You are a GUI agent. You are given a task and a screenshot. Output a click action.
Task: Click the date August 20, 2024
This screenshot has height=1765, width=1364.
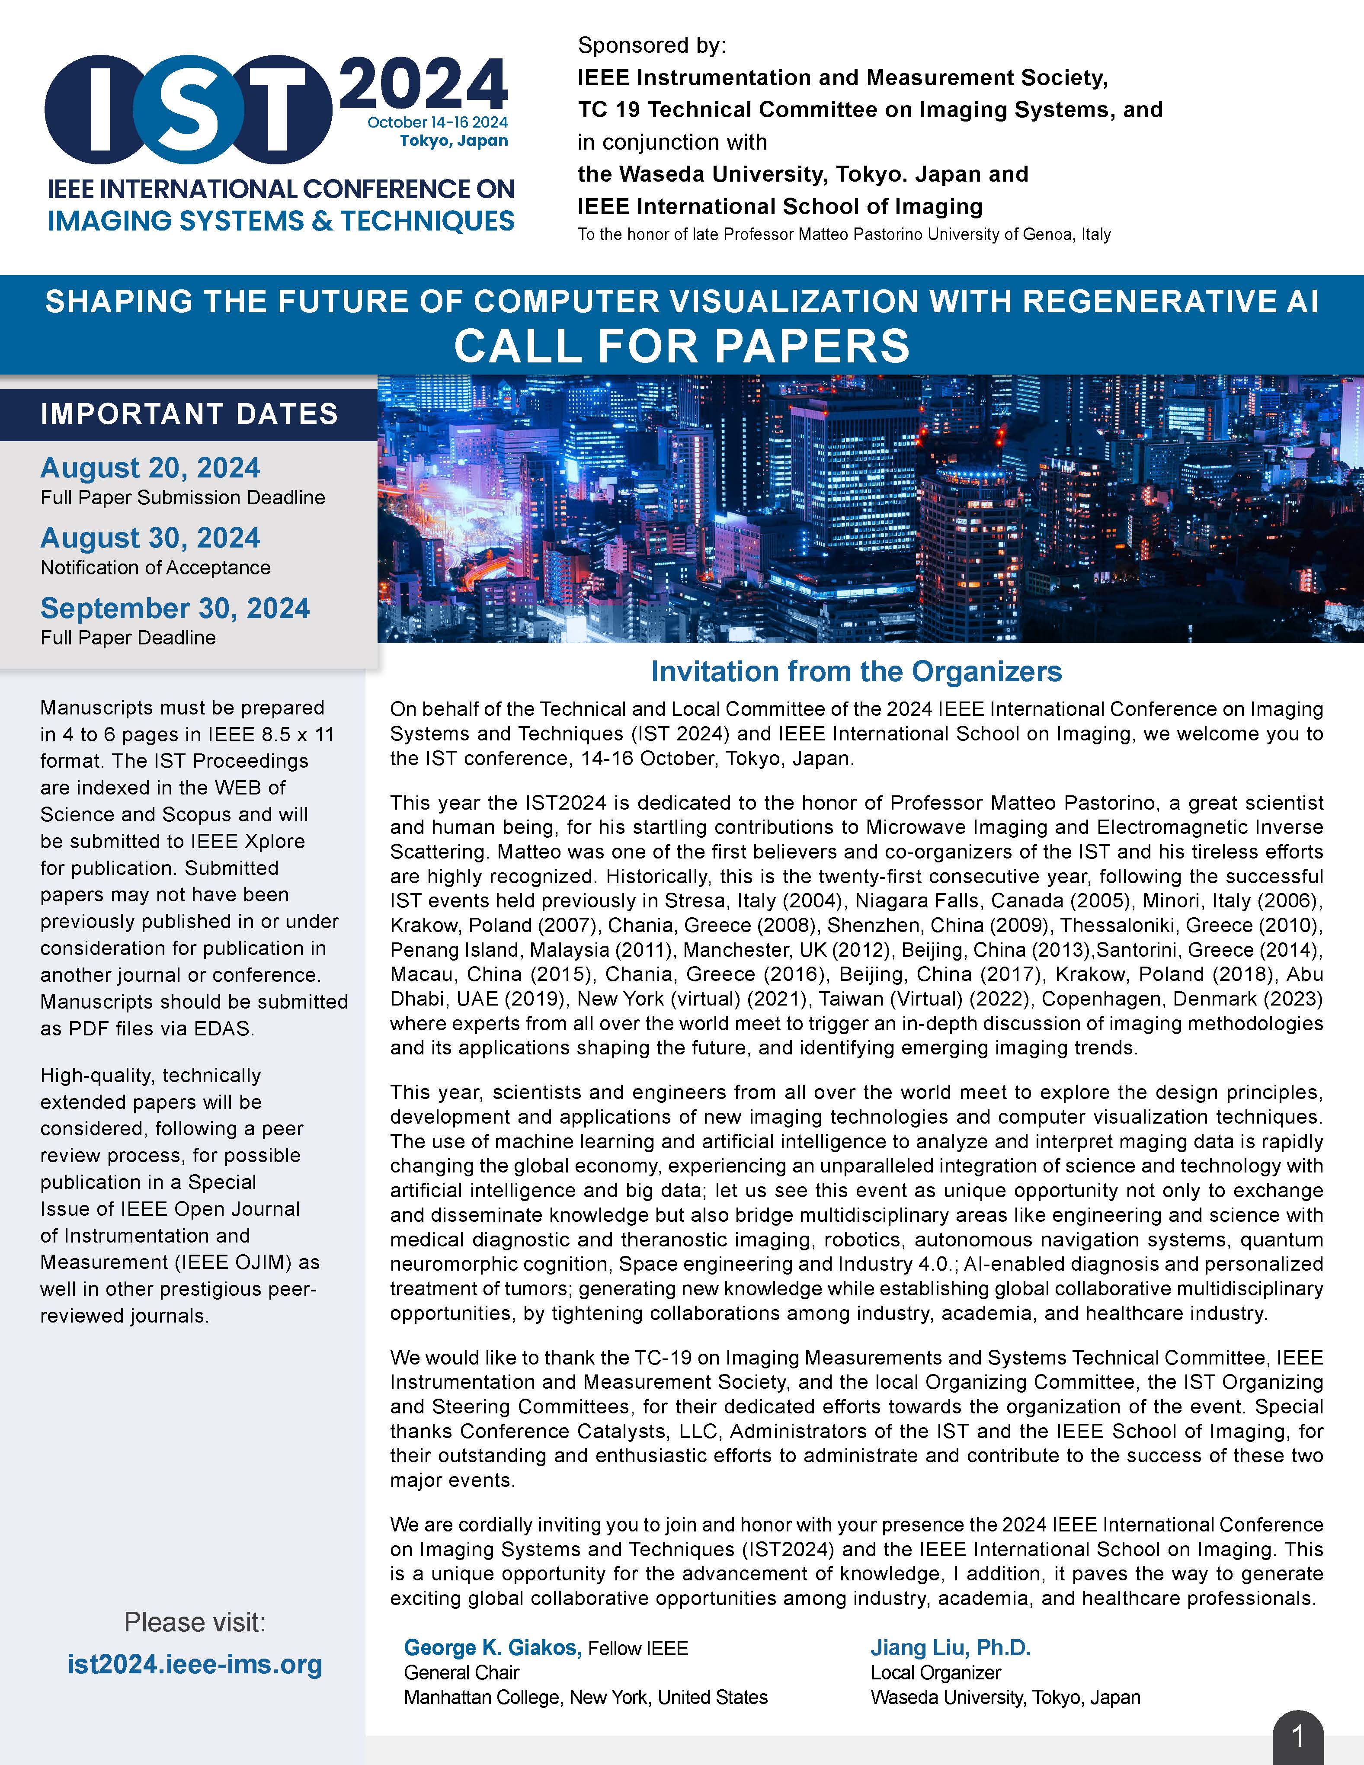[x=150, y=468]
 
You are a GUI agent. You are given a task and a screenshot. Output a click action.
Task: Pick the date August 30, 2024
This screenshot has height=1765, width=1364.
[x=150, y=538]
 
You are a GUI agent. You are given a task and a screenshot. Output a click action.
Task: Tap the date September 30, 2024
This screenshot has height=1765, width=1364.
[x=175, y=609]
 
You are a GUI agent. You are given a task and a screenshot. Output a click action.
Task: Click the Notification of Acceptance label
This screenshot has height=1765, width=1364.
[x=155, y=567]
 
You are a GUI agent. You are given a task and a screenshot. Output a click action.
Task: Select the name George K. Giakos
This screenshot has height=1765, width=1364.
[x=492, y=1647]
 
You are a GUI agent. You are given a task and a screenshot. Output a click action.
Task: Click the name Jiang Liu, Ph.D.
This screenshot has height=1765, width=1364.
[x=950, y=1647]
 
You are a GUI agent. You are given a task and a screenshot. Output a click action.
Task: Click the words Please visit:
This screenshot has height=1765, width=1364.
[x=195, y=1622]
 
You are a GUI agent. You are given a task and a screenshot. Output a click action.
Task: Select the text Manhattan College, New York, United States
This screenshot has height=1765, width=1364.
[x=585, y=1697]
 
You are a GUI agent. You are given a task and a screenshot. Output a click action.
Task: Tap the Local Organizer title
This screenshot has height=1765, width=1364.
[x=935, y=1672]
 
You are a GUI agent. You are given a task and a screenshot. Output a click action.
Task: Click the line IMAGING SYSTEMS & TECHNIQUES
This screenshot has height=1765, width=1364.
[x=280, y=221]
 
